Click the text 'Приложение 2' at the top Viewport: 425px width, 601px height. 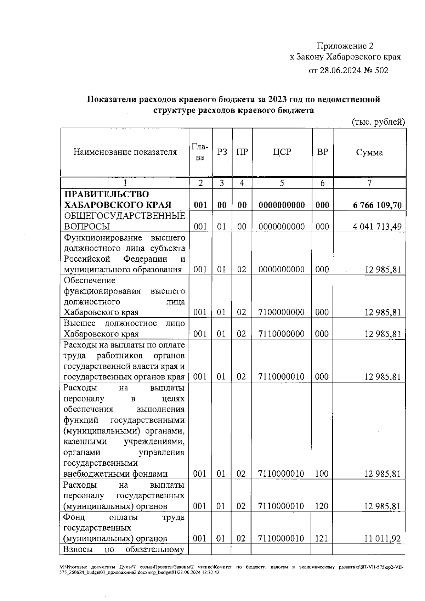(345, 46)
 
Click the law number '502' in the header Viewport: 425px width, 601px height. (381, 70)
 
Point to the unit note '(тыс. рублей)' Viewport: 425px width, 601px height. (378, 122)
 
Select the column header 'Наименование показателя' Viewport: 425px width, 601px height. (125, 152)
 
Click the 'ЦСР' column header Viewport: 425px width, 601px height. (282, 152)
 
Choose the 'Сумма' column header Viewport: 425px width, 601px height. (369, 153)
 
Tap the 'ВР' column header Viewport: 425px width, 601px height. (322, 152)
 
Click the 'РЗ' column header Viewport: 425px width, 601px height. (222, 152)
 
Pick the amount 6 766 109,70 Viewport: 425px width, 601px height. (377, 205)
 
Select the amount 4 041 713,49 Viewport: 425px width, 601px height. (377, 227)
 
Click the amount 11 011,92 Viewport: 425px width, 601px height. (382, 539)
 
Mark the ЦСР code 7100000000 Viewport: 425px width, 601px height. (282, 312)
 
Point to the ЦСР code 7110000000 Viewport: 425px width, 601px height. (282, 334)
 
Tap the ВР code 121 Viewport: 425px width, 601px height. (322, 539)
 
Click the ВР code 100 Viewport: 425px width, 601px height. (322, 474)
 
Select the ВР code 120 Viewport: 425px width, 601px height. (322, 506)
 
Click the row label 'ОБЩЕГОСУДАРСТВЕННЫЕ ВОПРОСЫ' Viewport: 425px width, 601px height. (124, 221)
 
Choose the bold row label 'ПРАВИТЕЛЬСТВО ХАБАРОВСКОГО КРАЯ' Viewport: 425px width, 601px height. (117, 200)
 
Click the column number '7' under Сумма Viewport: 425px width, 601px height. (369, 183)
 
